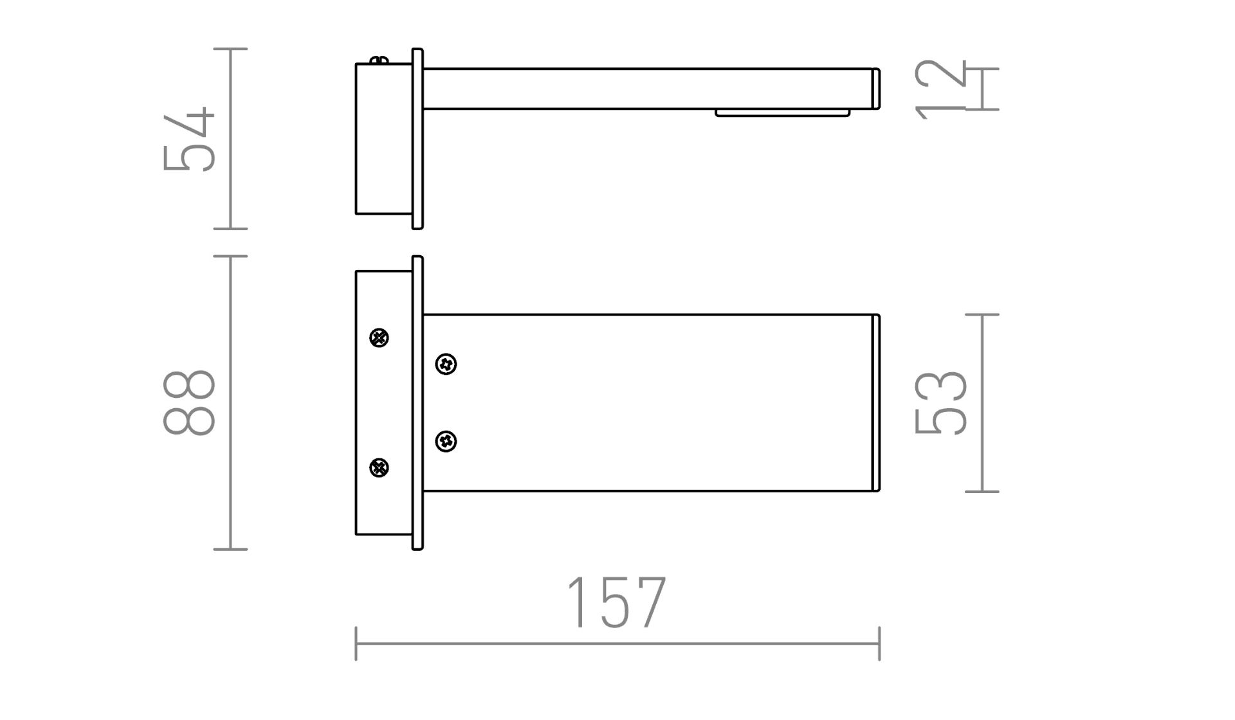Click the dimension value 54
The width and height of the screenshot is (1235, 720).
tap(189, 139)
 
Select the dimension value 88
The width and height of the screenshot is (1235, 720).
tap(189, 403)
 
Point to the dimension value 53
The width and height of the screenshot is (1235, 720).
tap(941, 403)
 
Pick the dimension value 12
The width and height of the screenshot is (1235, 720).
tap(941, 89)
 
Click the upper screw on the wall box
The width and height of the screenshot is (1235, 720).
tap(380, 337)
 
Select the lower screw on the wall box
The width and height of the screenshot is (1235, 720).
tap(380, 467)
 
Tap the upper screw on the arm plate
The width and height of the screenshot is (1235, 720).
tap(446, 364)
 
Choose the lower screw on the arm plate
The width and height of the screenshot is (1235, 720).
tap(446, 442)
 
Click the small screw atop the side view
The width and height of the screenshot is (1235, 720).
tap(380, 60)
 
